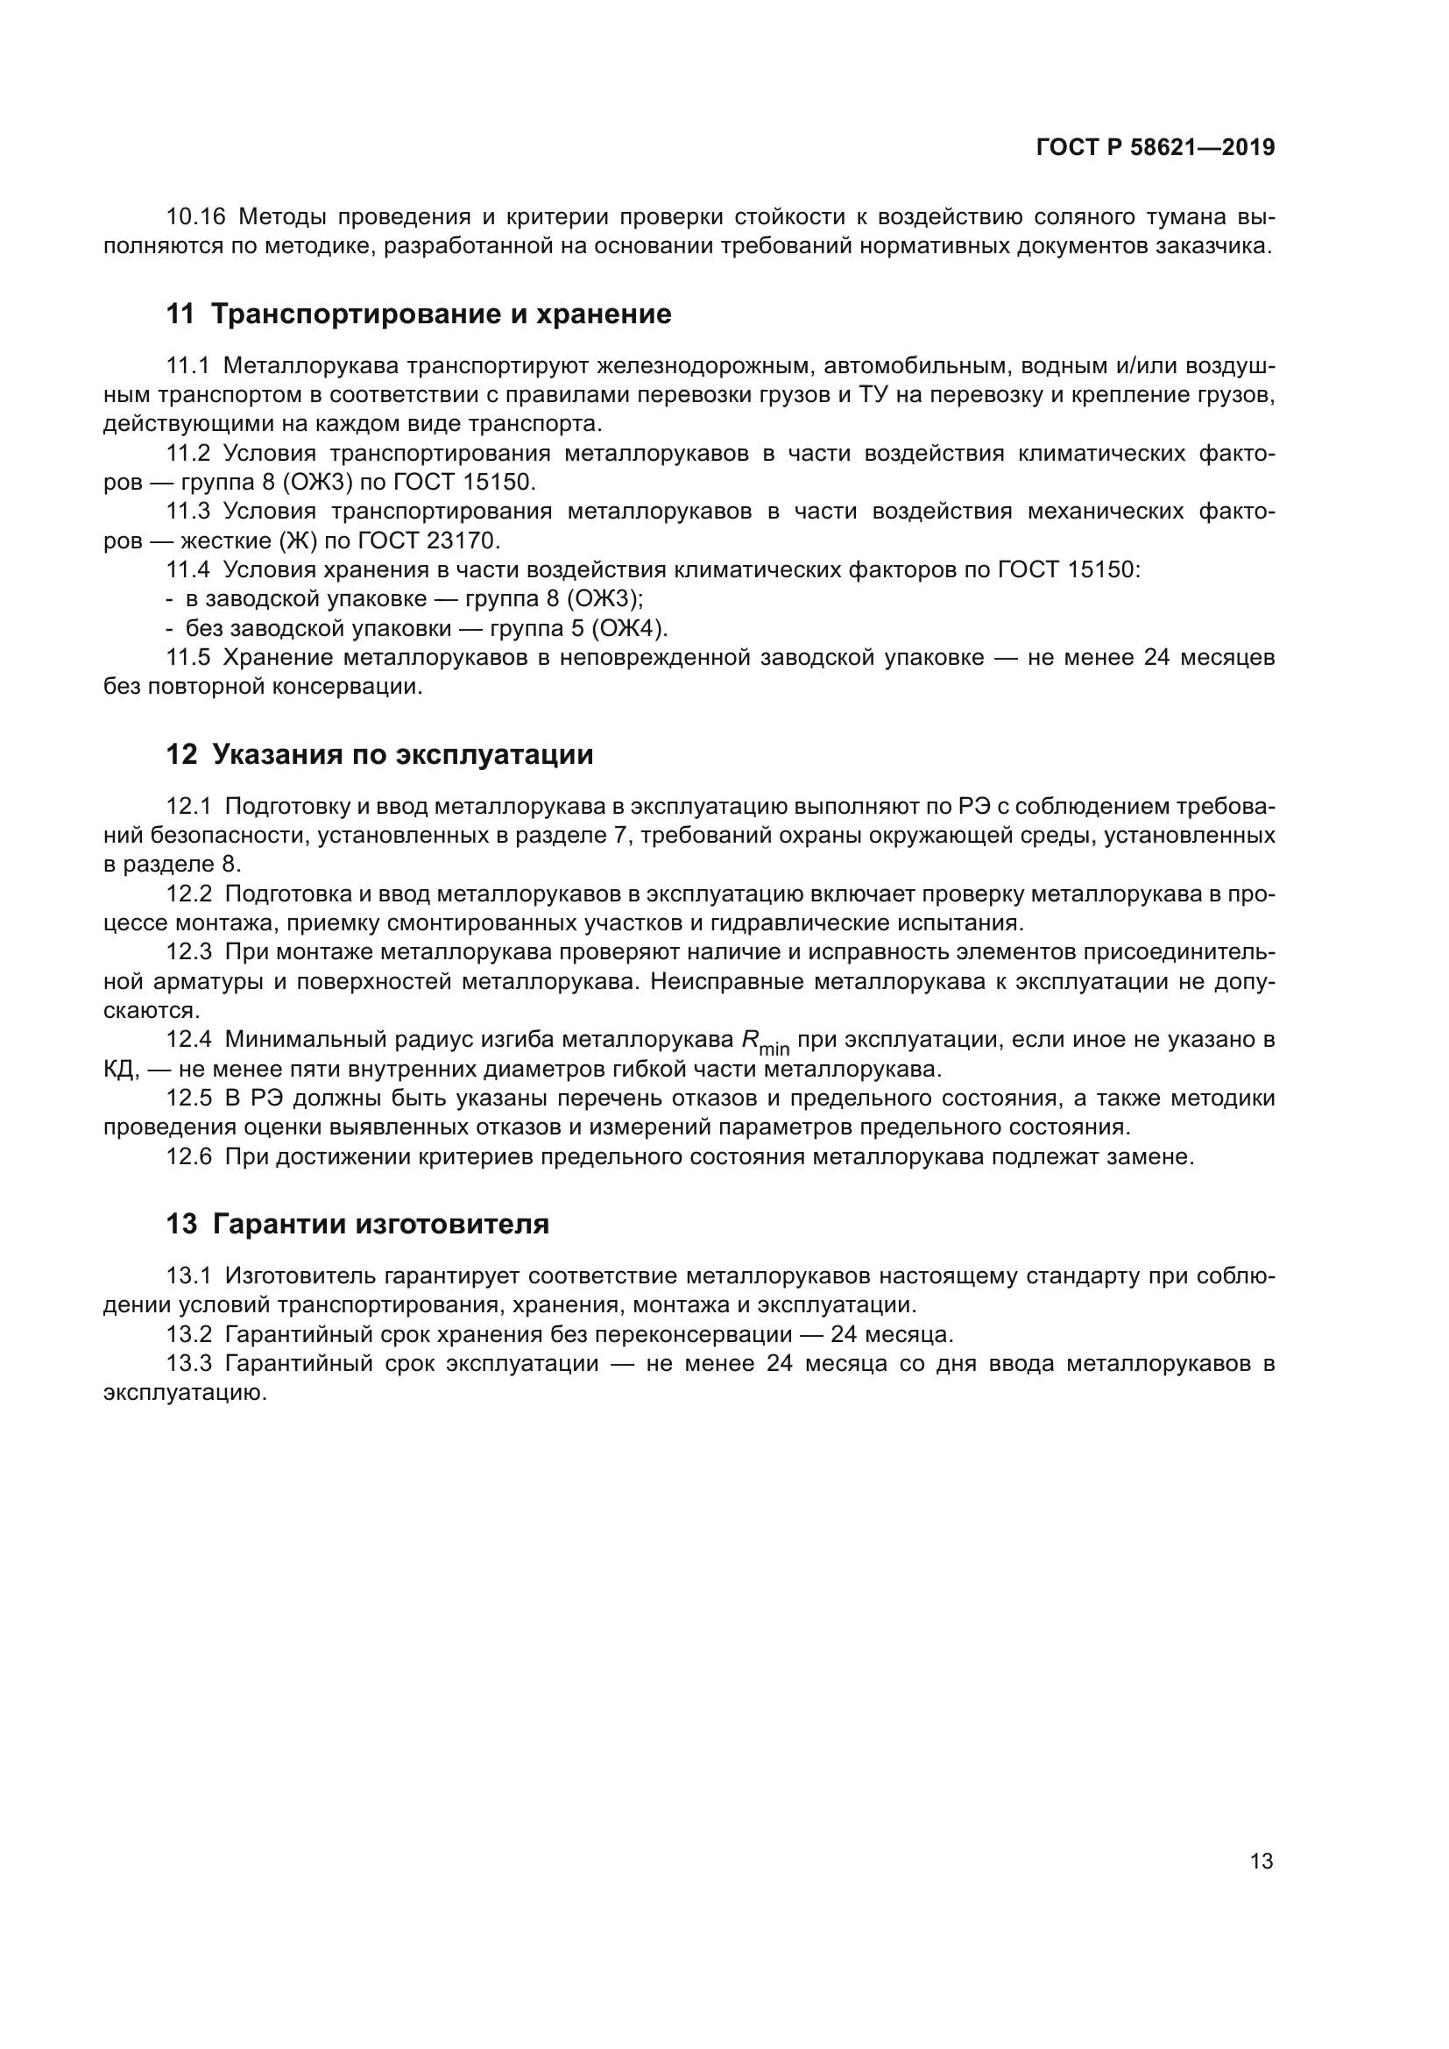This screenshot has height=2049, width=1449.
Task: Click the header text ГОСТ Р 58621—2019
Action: pos(1156,148)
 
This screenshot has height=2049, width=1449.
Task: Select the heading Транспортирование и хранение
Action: pos(441,314)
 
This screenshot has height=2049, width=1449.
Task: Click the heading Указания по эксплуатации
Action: pos(402,755)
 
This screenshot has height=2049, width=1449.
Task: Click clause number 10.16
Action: pos(196,217)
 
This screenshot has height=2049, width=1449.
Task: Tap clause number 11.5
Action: pos(188,658)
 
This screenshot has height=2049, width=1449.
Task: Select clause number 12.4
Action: pos(188,1040)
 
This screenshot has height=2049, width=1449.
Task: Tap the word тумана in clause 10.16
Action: pos(1177,217)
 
